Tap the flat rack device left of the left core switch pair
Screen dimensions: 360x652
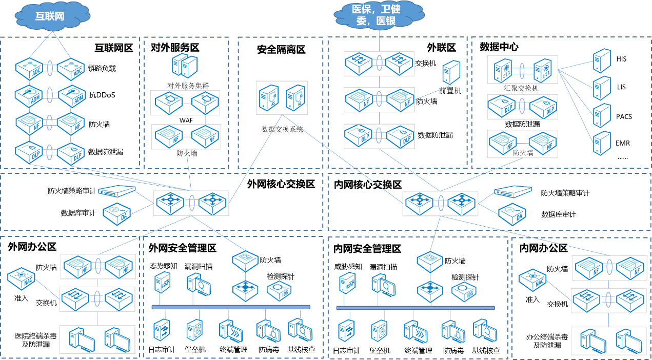[x=117, y=191]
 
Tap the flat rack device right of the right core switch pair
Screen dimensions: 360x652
[x=513, y=192]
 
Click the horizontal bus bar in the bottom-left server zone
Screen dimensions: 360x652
[x=231, y=307]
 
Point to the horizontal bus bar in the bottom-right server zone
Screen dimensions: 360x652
[x=416, y=308]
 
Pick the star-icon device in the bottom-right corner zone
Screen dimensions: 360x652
[x=533, y=280]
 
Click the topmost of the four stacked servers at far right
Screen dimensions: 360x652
[x=601, y=61]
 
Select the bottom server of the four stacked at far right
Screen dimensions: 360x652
[x=601, y=143]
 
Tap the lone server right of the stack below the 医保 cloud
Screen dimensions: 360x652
[x=451, y=72]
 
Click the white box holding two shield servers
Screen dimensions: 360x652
[x=282, y=97]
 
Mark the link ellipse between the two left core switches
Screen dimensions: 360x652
[x=191, y=202]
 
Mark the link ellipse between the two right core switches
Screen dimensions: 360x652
[x=441, y=203]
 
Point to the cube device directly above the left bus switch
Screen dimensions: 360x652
[x=245, y=261]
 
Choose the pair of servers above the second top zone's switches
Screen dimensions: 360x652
[x=185, y=66]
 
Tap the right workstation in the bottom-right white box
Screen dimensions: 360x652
[x=629, y=341]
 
